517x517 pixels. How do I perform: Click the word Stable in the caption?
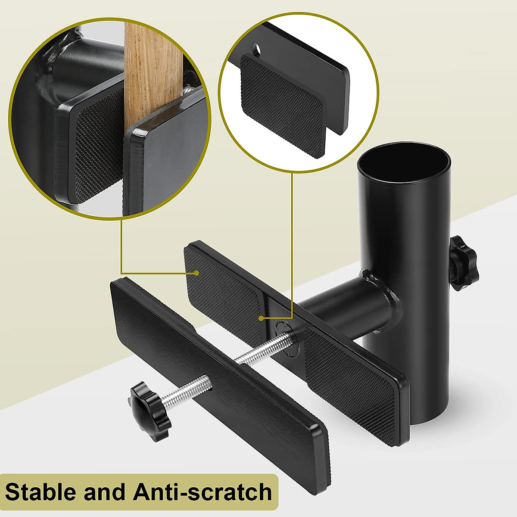click(x=40, y=492)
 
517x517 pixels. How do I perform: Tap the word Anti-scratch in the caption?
click(x=202, y=492)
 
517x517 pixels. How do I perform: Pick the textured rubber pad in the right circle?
click(x=282, y=106)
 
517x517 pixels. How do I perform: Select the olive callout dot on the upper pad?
click(x=196, y=273)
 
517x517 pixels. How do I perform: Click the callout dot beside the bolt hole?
click(x=261, y=318)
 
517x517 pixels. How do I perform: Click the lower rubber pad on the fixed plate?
click(x=349, y=375)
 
